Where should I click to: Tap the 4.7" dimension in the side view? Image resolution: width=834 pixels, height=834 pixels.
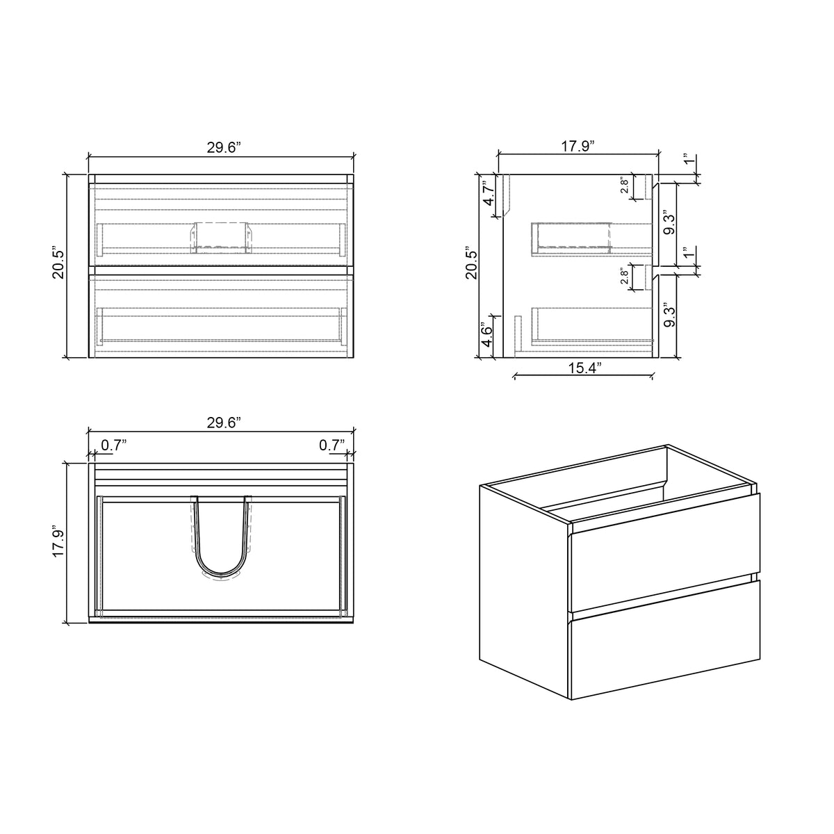pyautogui.click(x=489, y=193)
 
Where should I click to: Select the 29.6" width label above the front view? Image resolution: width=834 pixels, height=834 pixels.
pyautogui.click(x=223, y=147)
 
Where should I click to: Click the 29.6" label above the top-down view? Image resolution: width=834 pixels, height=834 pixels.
pyautogui.click(x=223, y=422)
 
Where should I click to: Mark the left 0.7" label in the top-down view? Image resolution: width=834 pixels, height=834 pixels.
pyautogui.click(x=114, y=445)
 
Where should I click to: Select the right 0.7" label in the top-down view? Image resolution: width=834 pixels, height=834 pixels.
pyautogui.click(x=332, y=445)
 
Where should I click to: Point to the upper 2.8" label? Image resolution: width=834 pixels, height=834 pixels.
pyautogui.click(x=625, y=186)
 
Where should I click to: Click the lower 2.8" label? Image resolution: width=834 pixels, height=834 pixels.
pyautogui.click(x=625, y=277)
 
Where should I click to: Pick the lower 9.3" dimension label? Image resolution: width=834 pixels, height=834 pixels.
pyautogui.click(x=669, y=314)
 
